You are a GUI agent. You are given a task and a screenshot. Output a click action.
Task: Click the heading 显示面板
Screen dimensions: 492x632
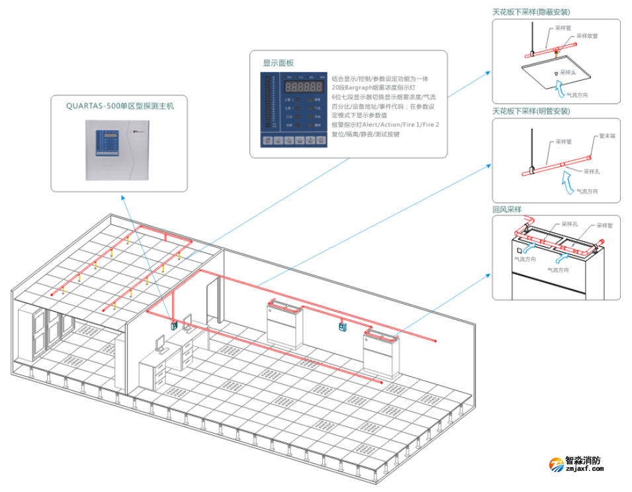coord(278,63)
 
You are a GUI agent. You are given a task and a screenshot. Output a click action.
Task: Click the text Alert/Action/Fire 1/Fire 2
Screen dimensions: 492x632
coord(402,124)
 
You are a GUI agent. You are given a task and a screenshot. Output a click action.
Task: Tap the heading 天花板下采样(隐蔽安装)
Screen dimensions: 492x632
coord(531,12)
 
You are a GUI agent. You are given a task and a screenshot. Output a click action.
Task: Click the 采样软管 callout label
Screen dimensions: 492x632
coord(586,36)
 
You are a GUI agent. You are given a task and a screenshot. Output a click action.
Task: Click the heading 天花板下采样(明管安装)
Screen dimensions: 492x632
coord(531,111)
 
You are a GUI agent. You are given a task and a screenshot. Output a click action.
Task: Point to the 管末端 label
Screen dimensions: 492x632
coord(607,136)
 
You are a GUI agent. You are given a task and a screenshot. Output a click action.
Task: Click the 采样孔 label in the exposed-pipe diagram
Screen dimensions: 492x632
coord(592,171)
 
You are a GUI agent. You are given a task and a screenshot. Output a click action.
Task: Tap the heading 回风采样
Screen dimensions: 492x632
coord(507,209)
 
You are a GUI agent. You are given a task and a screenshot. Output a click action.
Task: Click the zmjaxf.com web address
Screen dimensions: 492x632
coord(585,469)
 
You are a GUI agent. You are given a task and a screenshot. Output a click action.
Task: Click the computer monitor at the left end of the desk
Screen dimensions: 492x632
coord(160,343)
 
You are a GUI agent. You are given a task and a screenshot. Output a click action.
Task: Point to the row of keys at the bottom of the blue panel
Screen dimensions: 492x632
coord(294,140)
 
